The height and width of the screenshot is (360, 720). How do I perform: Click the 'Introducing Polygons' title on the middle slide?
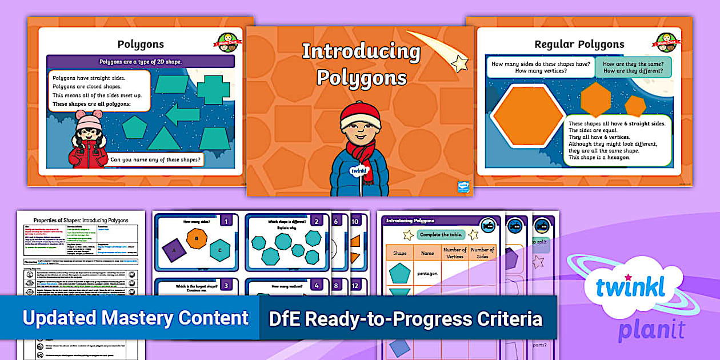coord(361,64)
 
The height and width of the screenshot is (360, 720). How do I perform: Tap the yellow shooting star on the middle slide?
coord(459,63)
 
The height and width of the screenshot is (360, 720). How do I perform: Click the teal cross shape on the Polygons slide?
coord(213,90)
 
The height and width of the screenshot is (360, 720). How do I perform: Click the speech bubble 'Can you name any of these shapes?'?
coord(156,160)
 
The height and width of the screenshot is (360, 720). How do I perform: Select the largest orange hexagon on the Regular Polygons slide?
coord(528,116)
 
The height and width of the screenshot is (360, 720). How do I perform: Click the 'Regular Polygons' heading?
coord(579,44)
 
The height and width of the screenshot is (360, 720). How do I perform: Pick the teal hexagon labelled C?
coord(219,249)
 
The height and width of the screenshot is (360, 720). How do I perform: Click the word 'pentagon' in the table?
coord(427,273)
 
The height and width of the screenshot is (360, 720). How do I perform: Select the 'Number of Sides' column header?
coord(482,253)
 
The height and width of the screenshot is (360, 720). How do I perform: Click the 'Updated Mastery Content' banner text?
coord(135,318)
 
